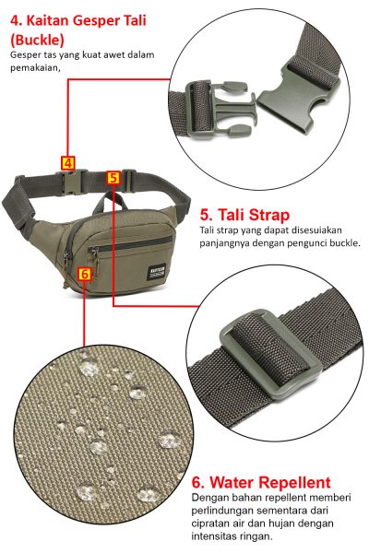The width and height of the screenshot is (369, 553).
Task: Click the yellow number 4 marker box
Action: tap(68, 163)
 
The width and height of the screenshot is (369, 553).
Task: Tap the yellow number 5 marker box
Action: tap(113, 178)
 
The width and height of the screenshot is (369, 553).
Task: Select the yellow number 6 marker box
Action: tap(85, 274)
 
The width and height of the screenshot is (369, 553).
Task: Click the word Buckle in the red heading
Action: tap(38, 40)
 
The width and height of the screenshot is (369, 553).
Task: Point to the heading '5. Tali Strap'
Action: tap(244, 215)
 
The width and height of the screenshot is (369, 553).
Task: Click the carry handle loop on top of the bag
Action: tap(110, 202)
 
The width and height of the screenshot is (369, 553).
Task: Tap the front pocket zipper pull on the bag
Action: tap(94, 259)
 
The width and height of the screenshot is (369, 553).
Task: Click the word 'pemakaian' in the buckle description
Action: tap(35, 67)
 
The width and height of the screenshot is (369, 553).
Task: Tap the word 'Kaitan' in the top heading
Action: tap(47, 20)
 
